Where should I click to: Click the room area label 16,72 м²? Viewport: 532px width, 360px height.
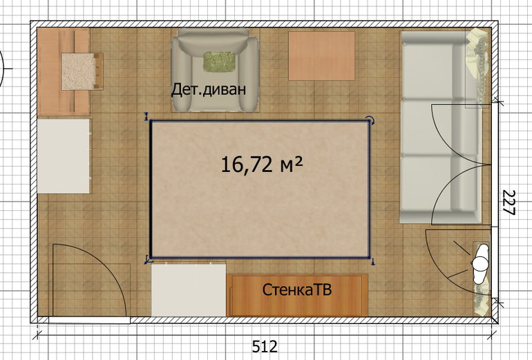[x=262, y=164]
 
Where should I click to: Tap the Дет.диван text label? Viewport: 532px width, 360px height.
[x=209, y=89]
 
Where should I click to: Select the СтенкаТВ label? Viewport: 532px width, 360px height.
[x=297, y=290]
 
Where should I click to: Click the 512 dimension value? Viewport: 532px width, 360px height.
[x=265, y=346]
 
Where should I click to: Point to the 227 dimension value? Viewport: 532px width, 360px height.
[x=509, y=202]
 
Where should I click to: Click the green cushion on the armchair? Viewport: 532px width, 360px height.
[x=220, y=61]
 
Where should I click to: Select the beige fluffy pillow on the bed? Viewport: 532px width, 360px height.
[x=78, y=71]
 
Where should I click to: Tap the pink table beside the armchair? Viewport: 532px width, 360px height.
[x=322, y=56]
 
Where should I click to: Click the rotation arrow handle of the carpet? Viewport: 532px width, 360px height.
[x=371, y=120]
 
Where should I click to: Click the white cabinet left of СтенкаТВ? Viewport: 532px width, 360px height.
[x=189, y=290]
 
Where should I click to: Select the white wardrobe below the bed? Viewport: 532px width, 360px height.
[x=64, y=156]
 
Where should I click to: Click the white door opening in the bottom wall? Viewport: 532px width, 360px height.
[x=89, y=320]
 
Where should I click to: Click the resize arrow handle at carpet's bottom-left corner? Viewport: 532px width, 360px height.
[x=149, y=260]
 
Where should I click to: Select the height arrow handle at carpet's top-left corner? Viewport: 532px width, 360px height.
[x=146, y=116]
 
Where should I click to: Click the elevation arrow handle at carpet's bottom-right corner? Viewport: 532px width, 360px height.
[x=373, y=261]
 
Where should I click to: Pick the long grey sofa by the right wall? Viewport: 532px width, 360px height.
[x=440, y=127]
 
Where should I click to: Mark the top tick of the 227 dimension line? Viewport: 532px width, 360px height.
[x=498, y=101]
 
